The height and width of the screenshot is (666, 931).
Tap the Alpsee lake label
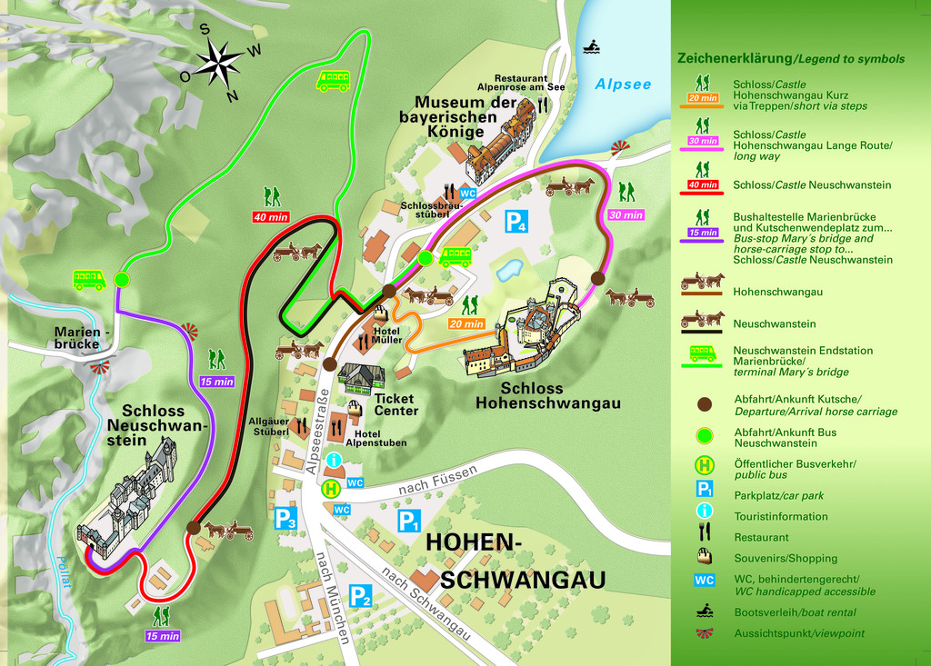[623, 84]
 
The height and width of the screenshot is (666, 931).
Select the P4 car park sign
[516, 221]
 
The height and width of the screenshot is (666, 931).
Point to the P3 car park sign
[285, 519]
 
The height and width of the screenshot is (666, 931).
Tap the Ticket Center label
[395, 404]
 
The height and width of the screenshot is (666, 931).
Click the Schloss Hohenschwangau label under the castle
[548, 396]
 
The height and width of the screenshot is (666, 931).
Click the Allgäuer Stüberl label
[269, 426]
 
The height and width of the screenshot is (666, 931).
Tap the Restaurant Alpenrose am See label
[529, 83]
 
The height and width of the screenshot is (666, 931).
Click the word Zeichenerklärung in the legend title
[735, 58]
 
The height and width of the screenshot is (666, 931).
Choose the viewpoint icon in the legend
[704, 633]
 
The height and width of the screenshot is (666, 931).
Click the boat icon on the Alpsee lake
[591, 45]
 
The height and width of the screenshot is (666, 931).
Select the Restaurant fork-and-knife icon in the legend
[704, 537]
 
